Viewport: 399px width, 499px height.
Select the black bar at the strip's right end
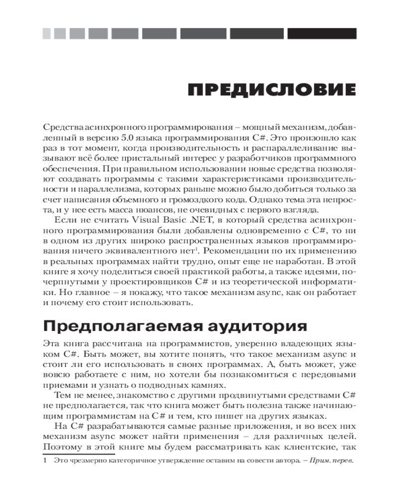point(322,33)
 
